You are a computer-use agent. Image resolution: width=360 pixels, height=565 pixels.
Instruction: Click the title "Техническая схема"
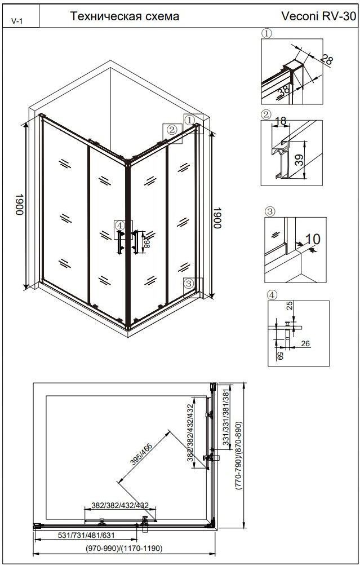point(125,16)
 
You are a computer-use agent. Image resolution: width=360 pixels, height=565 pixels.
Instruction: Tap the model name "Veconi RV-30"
point(319,16)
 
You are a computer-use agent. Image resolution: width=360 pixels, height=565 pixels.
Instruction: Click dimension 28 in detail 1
point(326,59)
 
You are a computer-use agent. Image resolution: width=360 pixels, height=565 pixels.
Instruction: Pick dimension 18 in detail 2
point(280,121)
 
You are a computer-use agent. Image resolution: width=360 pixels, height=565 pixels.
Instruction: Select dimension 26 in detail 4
point(305,344)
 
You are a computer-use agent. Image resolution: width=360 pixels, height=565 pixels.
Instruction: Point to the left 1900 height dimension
point(19,205)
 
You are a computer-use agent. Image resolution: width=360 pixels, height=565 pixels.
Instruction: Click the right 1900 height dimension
point(216,217)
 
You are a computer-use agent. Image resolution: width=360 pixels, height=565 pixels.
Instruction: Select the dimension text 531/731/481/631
point(86,535)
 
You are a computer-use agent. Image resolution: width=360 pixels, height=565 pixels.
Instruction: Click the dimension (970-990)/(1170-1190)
point(124,549)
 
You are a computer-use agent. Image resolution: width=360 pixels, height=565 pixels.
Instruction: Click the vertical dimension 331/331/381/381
point(226,419)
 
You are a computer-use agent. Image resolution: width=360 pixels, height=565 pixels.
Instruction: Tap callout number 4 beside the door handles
point(120,226)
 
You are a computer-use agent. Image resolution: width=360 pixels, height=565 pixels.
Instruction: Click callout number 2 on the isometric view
point(172,129)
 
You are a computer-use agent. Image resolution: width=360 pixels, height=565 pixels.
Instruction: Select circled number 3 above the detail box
point(270,211)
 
